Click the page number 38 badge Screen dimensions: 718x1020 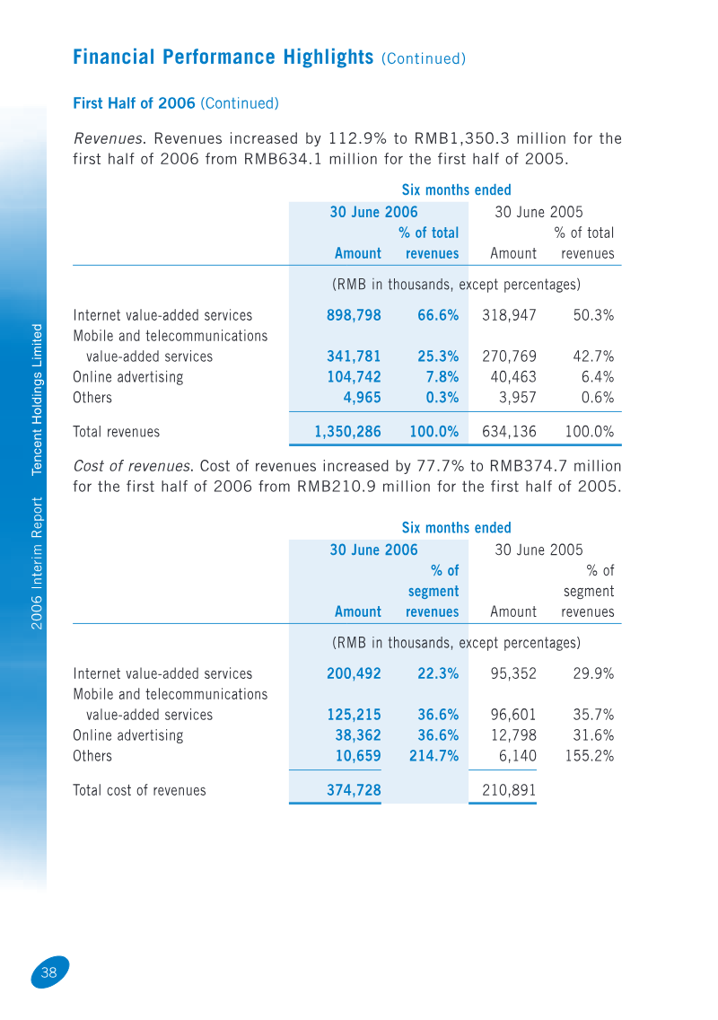point(50,972)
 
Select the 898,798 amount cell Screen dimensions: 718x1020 point(354,315)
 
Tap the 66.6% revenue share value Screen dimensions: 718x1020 point(438,315)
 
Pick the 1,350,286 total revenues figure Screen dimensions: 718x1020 point(347,432)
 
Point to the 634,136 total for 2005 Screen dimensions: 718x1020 point(509,432)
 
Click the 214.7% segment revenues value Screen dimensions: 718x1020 point(433,756)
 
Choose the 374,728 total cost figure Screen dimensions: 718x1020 point(354,790)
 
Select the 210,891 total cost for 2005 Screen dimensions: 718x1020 point(509,790)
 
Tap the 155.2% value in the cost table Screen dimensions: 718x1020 point(590,756)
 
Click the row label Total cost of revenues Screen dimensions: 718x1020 point(139,790)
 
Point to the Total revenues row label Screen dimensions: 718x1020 point(117,432)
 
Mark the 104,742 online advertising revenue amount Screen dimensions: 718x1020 point(354,377)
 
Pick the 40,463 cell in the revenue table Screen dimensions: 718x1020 point(513,377)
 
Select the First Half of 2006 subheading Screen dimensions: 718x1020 point(134,103)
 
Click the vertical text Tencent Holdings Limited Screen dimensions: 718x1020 point(37,400)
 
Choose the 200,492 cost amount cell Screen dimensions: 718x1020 point(354,674)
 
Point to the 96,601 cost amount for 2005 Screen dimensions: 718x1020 point(513,715)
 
